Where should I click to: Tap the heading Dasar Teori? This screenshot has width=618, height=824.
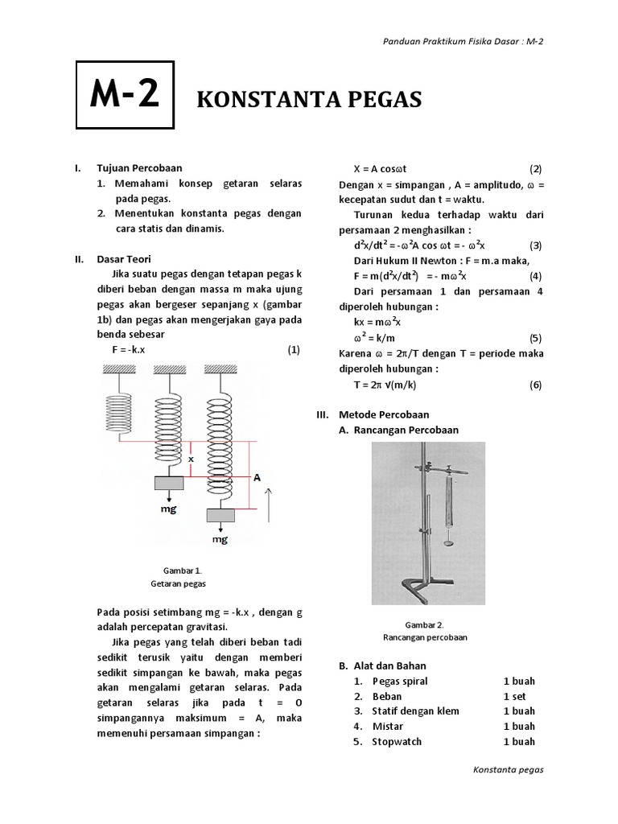(x=124, y=259)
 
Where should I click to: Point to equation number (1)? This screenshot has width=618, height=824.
(x=294, y=350)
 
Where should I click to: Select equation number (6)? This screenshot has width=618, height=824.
(x=536, y=385)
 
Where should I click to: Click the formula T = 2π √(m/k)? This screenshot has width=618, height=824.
(x=385, y=385)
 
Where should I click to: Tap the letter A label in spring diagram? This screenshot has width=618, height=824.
(x=257, y=477)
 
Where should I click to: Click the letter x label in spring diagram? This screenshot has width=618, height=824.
(x=192, y=459)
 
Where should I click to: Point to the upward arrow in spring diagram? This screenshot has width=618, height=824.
(x=270, y=502)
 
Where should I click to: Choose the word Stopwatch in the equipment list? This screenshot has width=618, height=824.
(x=397, y=741)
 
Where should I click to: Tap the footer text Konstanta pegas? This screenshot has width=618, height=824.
(x=509, y=769)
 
